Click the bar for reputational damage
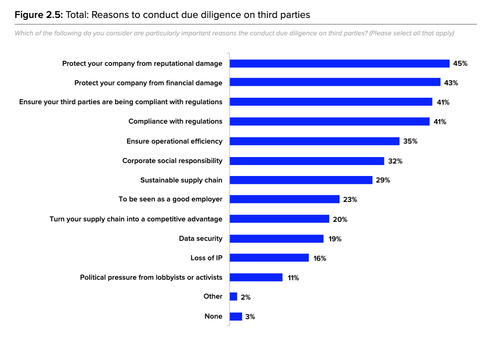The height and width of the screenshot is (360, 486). point(340,63)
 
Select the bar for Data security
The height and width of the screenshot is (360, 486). point(276,239)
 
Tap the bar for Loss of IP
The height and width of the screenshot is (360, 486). point(269,258)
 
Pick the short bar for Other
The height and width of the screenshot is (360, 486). point(234,297)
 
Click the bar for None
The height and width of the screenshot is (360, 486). point(236,317)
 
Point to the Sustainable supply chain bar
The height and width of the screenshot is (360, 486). point(301,180)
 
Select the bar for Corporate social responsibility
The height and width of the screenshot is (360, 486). point(307,161)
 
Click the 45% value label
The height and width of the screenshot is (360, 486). point(460,63)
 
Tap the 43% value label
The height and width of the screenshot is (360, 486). point(451,83)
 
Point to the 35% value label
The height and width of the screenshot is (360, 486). point(410,141)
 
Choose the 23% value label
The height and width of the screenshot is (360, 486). point(351,199)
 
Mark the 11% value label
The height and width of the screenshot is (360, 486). point(293,278)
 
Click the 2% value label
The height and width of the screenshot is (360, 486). point(245,297)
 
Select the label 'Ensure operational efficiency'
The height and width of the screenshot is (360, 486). point(174,141)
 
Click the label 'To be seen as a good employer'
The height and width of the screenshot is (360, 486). point(170,199)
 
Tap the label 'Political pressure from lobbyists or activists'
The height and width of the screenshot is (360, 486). point(151,277)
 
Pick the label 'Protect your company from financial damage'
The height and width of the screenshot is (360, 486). point(148,83)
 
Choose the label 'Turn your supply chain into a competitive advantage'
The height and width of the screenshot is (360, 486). point(136,219)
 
